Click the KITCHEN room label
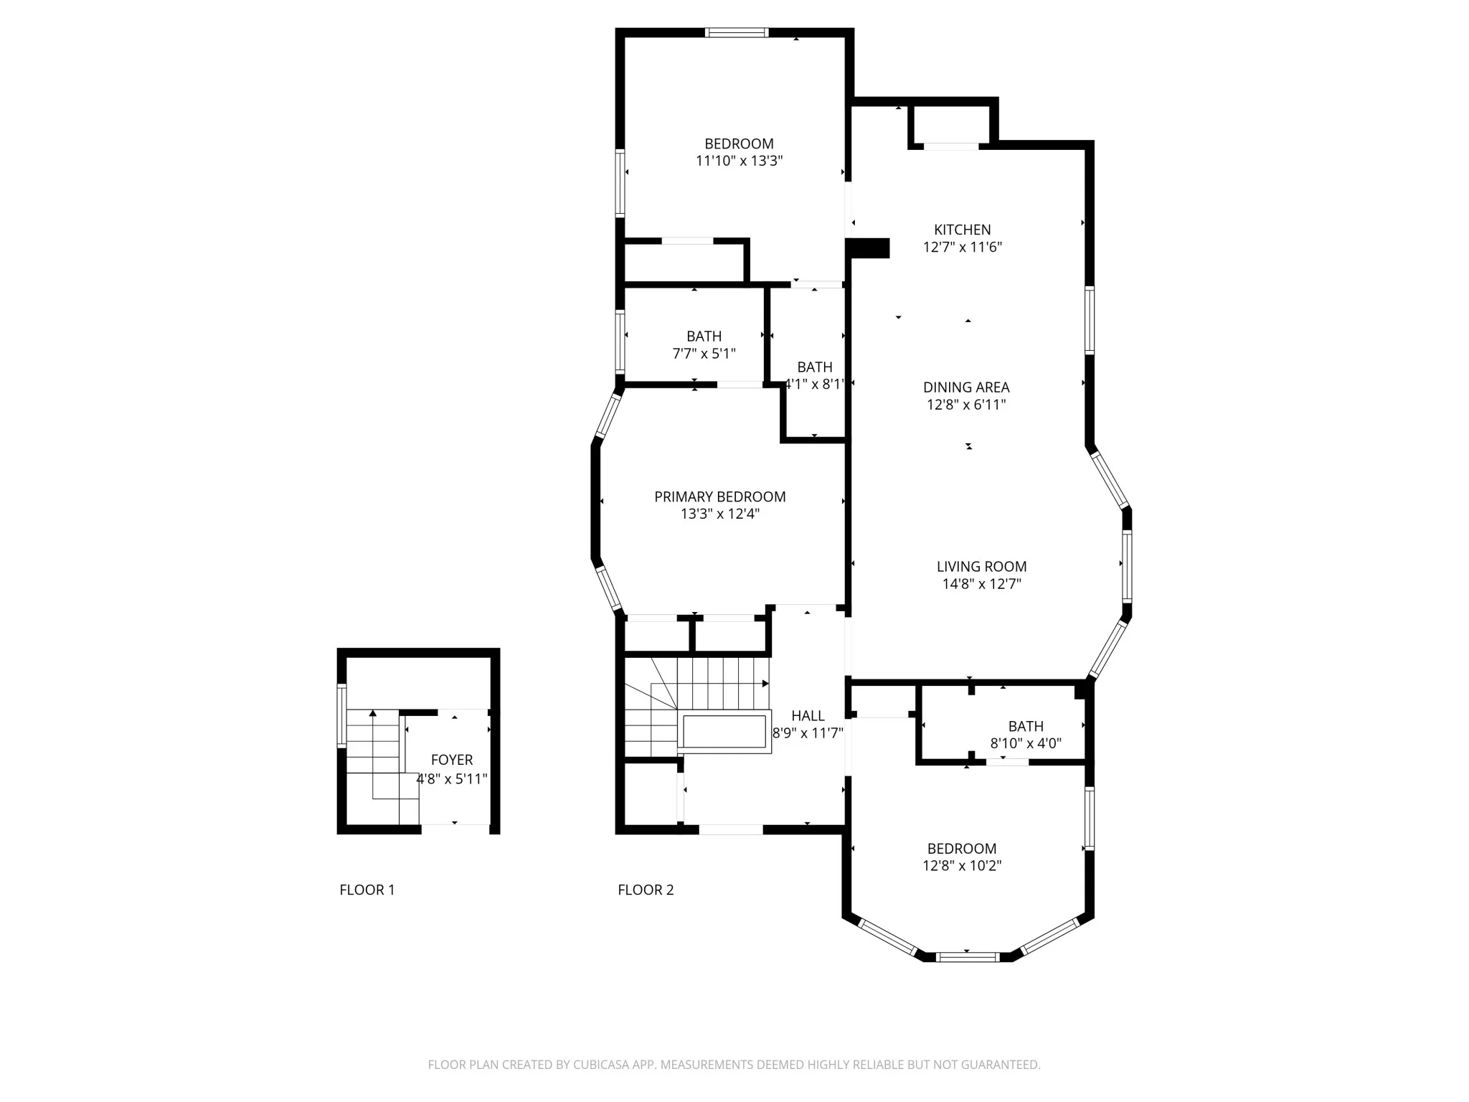point(962,230)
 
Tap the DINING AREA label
point(965,387)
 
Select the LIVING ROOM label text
point(981,567)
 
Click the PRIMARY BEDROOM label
point(719,496)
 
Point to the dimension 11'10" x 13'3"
point(739,161)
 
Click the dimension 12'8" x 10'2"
point(961,866)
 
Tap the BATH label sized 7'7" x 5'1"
point(704,336)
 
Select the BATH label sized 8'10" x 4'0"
point(1025,726)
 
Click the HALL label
point(808,715)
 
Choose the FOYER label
point(451,760)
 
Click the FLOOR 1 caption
point(367,890)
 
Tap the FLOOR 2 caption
point(646,890)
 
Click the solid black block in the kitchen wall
point(869,248)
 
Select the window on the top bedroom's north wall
point(736,32)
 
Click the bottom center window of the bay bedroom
point(967,956)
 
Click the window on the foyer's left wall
point(341,716)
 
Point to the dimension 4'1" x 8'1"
point(815,385)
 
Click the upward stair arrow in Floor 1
point(372,713)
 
